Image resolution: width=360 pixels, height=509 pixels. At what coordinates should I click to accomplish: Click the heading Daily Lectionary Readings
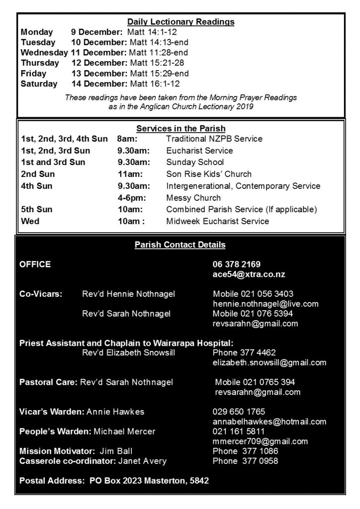(x=180, y=22)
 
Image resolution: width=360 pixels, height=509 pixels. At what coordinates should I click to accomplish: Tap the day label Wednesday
(x=44, y=53)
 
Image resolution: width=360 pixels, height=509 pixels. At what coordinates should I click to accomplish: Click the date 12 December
(x=99, y=63)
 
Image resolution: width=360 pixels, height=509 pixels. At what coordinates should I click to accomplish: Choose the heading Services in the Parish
(x=180, y=129)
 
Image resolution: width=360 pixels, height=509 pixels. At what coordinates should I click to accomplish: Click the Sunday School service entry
(x=195, y=162)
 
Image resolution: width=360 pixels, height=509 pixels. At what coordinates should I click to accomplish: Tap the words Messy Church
(x=193, y=198)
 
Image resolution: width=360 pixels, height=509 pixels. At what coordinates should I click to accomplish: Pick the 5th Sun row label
(x=36, y=209)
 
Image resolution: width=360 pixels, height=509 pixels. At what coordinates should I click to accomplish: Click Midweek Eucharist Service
(x=217, y=221)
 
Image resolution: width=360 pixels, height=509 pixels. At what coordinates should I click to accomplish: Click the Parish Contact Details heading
(x=180, y=245)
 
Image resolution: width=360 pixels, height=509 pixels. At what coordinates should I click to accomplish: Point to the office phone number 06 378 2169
(x=236, y=264)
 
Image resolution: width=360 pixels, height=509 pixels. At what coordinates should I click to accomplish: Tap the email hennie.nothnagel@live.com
(x=266, y=304)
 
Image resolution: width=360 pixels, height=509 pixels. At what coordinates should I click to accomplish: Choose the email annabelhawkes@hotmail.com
(x=269, y=422)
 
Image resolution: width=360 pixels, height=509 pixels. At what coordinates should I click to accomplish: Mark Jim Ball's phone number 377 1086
(x=245, y=451)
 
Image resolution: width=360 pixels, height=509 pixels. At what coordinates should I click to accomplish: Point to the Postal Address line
(x=114, y=481)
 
